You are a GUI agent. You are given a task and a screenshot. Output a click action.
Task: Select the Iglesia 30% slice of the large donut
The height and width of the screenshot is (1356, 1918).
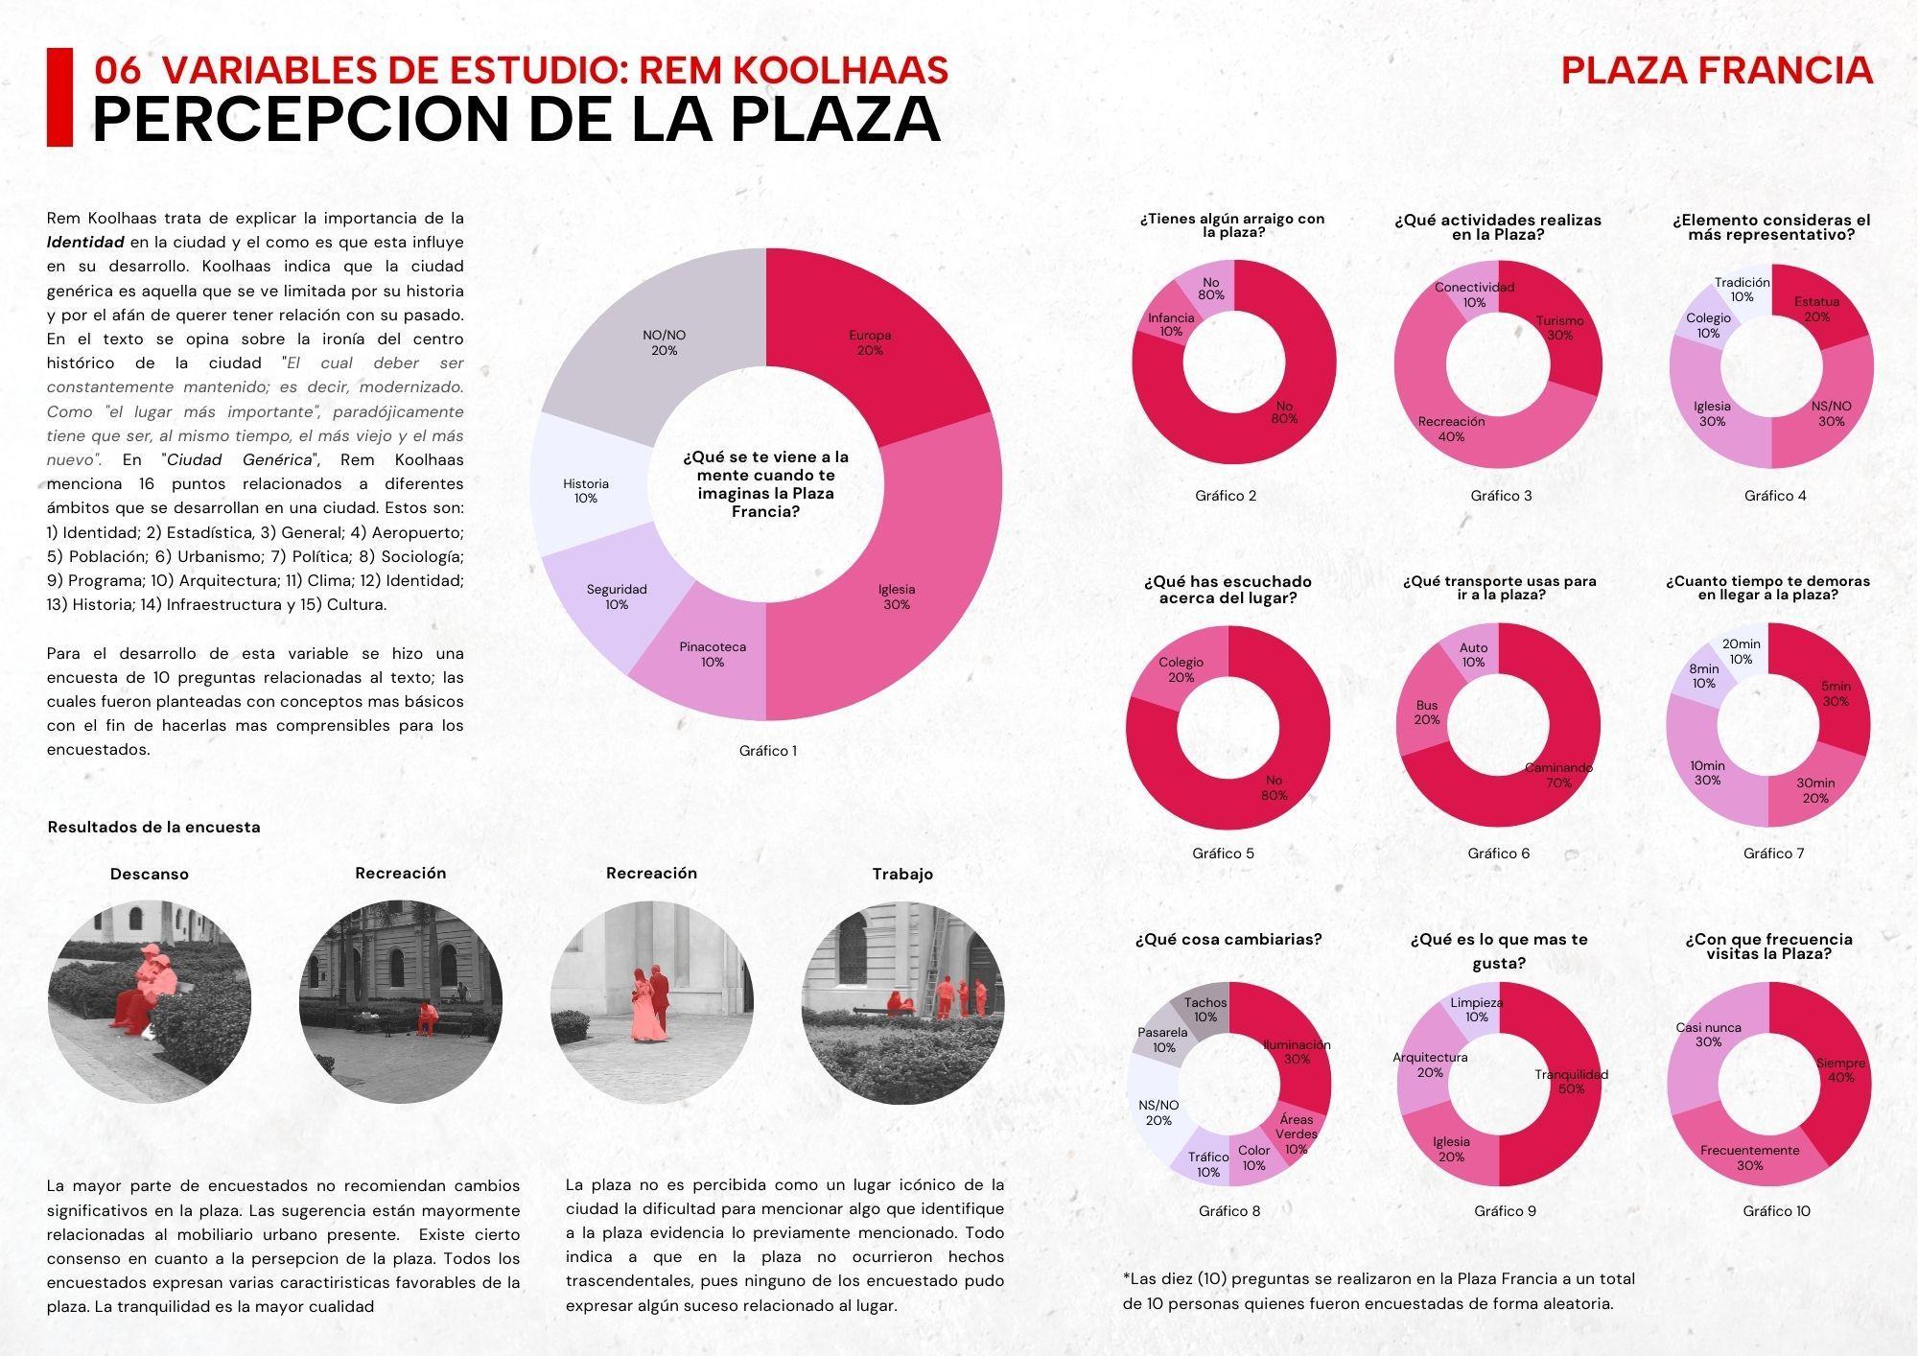tap(897, 595)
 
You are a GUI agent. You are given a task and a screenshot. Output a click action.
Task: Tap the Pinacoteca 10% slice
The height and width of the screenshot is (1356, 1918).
tap(713, 654)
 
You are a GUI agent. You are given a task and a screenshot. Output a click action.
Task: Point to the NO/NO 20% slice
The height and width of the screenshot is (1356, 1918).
tap(664, 342)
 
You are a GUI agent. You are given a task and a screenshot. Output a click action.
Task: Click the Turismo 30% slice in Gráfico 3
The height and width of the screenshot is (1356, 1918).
tap(1558, 328)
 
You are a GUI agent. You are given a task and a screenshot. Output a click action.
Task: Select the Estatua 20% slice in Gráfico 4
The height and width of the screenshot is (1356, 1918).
tap(1816, 309)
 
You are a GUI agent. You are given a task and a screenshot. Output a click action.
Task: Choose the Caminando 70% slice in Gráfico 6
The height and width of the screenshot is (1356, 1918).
tap(1557, 775)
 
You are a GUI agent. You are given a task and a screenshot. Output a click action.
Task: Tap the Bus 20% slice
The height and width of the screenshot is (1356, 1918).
tap(1427, 713)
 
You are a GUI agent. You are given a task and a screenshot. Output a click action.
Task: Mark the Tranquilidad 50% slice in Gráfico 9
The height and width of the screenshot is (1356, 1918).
tap(1570, 1081)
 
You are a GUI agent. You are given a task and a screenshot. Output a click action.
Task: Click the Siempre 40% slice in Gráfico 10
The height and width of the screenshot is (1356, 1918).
tap(1839, 1069)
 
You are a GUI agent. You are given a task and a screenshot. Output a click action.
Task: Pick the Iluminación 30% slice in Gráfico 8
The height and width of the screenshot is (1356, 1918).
tap(1297, 1051)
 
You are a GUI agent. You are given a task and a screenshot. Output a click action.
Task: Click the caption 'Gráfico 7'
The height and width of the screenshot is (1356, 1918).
tap(1773, 853)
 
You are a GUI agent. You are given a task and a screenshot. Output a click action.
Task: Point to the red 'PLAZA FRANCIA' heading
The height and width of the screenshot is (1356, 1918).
tap(1717, 70)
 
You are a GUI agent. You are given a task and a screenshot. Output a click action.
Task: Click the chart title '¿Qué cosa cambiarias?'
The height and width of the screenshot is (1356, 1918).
tap(1228, 939)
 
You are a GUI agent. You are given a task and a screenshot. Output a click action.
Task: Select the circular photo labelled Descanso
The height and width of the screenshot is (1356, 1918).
tap(150, 1002)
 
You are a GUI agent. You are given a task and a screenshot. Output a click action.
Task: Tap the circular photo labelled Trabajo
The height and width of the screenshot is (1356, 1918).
tap(902, 1002)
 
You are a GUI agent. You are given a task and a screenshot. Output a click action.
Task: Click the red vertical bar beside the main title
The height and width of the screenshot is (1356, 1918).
tap(59, 97)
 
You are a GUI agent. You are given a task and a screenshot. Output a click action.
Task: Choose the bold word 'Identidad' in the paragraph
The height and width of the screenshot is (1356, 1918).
tap(85, 243)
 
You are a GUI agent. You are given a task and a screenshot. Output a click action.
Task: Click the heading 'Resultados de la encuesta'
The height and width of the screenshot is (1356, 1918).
tap(153, 827)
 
